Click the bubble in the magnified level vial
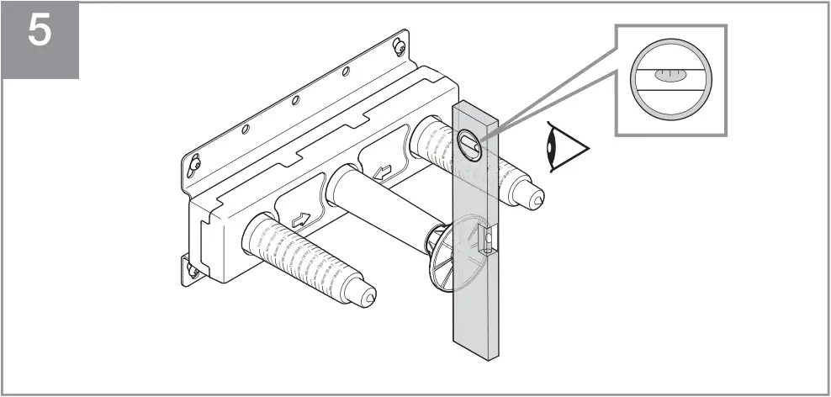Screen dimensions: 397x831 (670, 73)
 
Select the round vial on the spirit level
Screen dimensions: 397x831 (472, 143)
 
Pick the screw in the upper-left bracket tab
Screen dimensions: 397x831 (195, 163)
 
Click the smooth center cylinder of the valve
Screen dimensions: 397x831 (378, 207)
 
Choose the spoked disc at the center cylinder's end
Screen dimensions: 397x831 (445, 252)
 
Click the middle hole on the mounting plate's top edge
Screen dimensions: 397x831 (295, 100)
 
